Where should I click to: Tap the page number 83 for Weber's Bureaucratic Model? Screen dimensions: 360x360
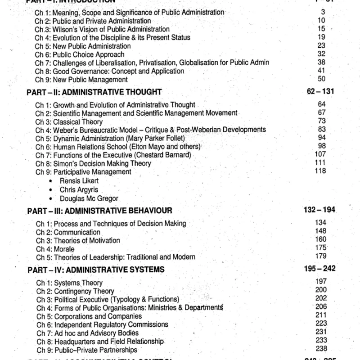tap(321, 129)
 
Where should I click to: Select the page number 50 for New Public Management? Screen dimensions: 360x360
tap(321, 79)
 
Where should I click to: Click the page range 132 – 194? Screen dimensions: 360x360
tap(320, 210)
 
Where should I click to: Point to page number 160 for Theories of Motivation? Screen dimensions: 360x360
tap(321, 240)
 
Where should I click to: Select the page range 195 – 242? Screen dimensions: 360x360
tap(320, 269)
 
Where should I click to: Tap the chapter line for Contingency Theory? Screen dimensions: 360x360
tap(75, 291)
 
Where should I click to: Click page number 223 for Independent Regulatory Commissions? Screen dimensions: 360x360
tap(321, 324)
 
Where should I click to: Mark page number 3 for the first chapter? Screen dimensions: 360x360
tap(323, 12)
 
